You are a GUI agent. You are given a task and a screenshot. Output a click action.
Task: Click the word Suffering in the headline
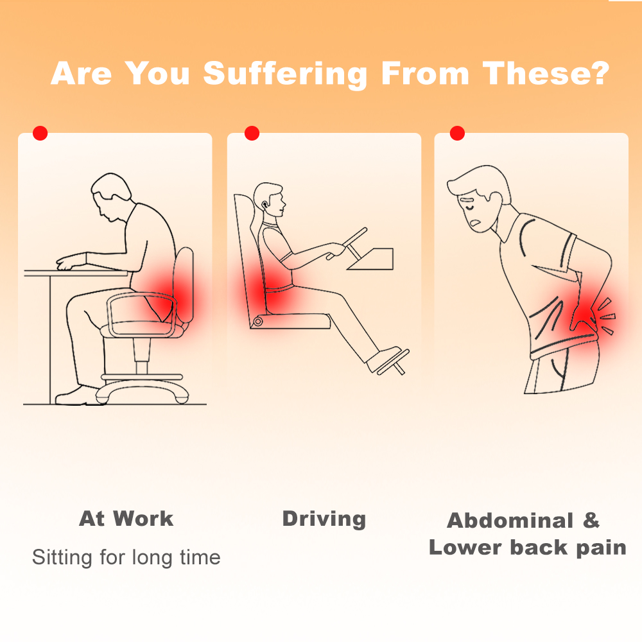tap(286, 74)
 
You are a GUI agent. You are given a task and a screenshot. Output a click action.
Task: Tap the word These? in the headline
tap(546, 73)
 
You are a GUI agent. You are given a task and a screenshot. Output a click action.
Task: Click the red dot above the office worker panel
tap(40, 133)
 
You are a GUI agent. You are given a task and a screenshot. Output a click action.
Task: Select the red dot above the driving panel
tap(252, 133)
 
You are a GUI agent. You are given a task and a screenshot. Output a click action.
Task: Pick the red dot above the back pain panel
tap(457, 133)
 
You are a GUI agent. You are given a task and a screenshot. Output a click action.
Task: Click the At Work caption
tap(126, 518)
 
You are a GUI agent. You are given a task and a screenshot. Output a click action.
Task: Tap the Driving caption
tap(324, 519)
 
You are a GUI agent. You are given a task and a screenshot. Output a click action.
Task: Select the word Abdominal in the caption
tap(510, 521)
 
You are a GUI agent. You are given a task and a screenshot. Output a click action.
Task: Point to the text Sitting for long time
tap(126, 558)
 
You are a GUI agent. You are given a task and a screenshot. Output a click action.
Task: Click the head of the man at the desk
tap(111, 197)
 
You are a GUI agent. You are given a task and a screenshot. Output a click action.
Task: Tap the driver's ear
tap(265, 205)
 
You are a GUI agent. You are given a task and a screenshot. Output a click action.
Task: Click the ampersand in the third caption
tap(591, 521)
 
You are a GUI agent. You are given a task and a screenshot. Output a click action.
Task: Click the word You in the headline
tap(157, 74)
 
